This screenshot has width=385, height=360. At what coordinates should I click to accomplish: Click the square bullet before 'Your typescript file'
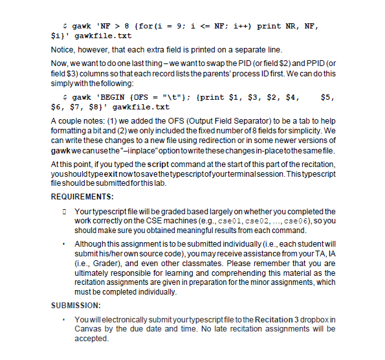tap(65, 212)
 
